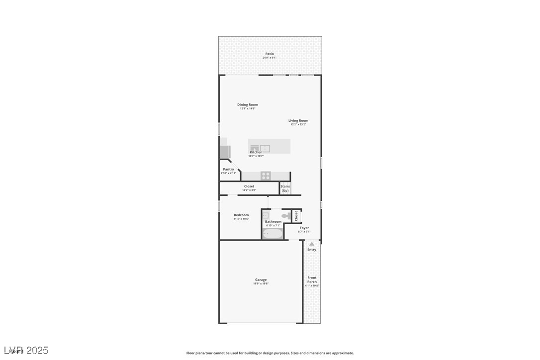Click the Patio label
[270, 54]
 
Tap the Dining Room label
[247, 104]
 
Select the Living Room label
[298, 120]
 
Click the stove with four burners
[266, 176]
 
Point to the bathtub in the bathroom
[272, 233]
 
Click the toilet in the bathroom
[286, 216]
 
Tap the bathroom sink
[266, 215]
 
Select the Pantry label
[228, 169]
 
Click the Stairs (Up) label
[285, 188]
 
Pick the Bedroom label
[241, 215]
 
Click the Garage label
[261, 279]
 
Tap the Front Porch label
[312, 279]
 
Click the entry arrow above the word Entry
[311, 244]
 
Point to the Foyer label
[304, 228]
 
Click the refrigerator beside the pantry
[225, 151]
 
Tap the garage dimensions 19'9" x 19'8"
[261, 284]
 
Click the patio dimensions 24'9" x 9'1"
[270, 58]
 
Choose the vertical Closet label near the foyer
[296, 216]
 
